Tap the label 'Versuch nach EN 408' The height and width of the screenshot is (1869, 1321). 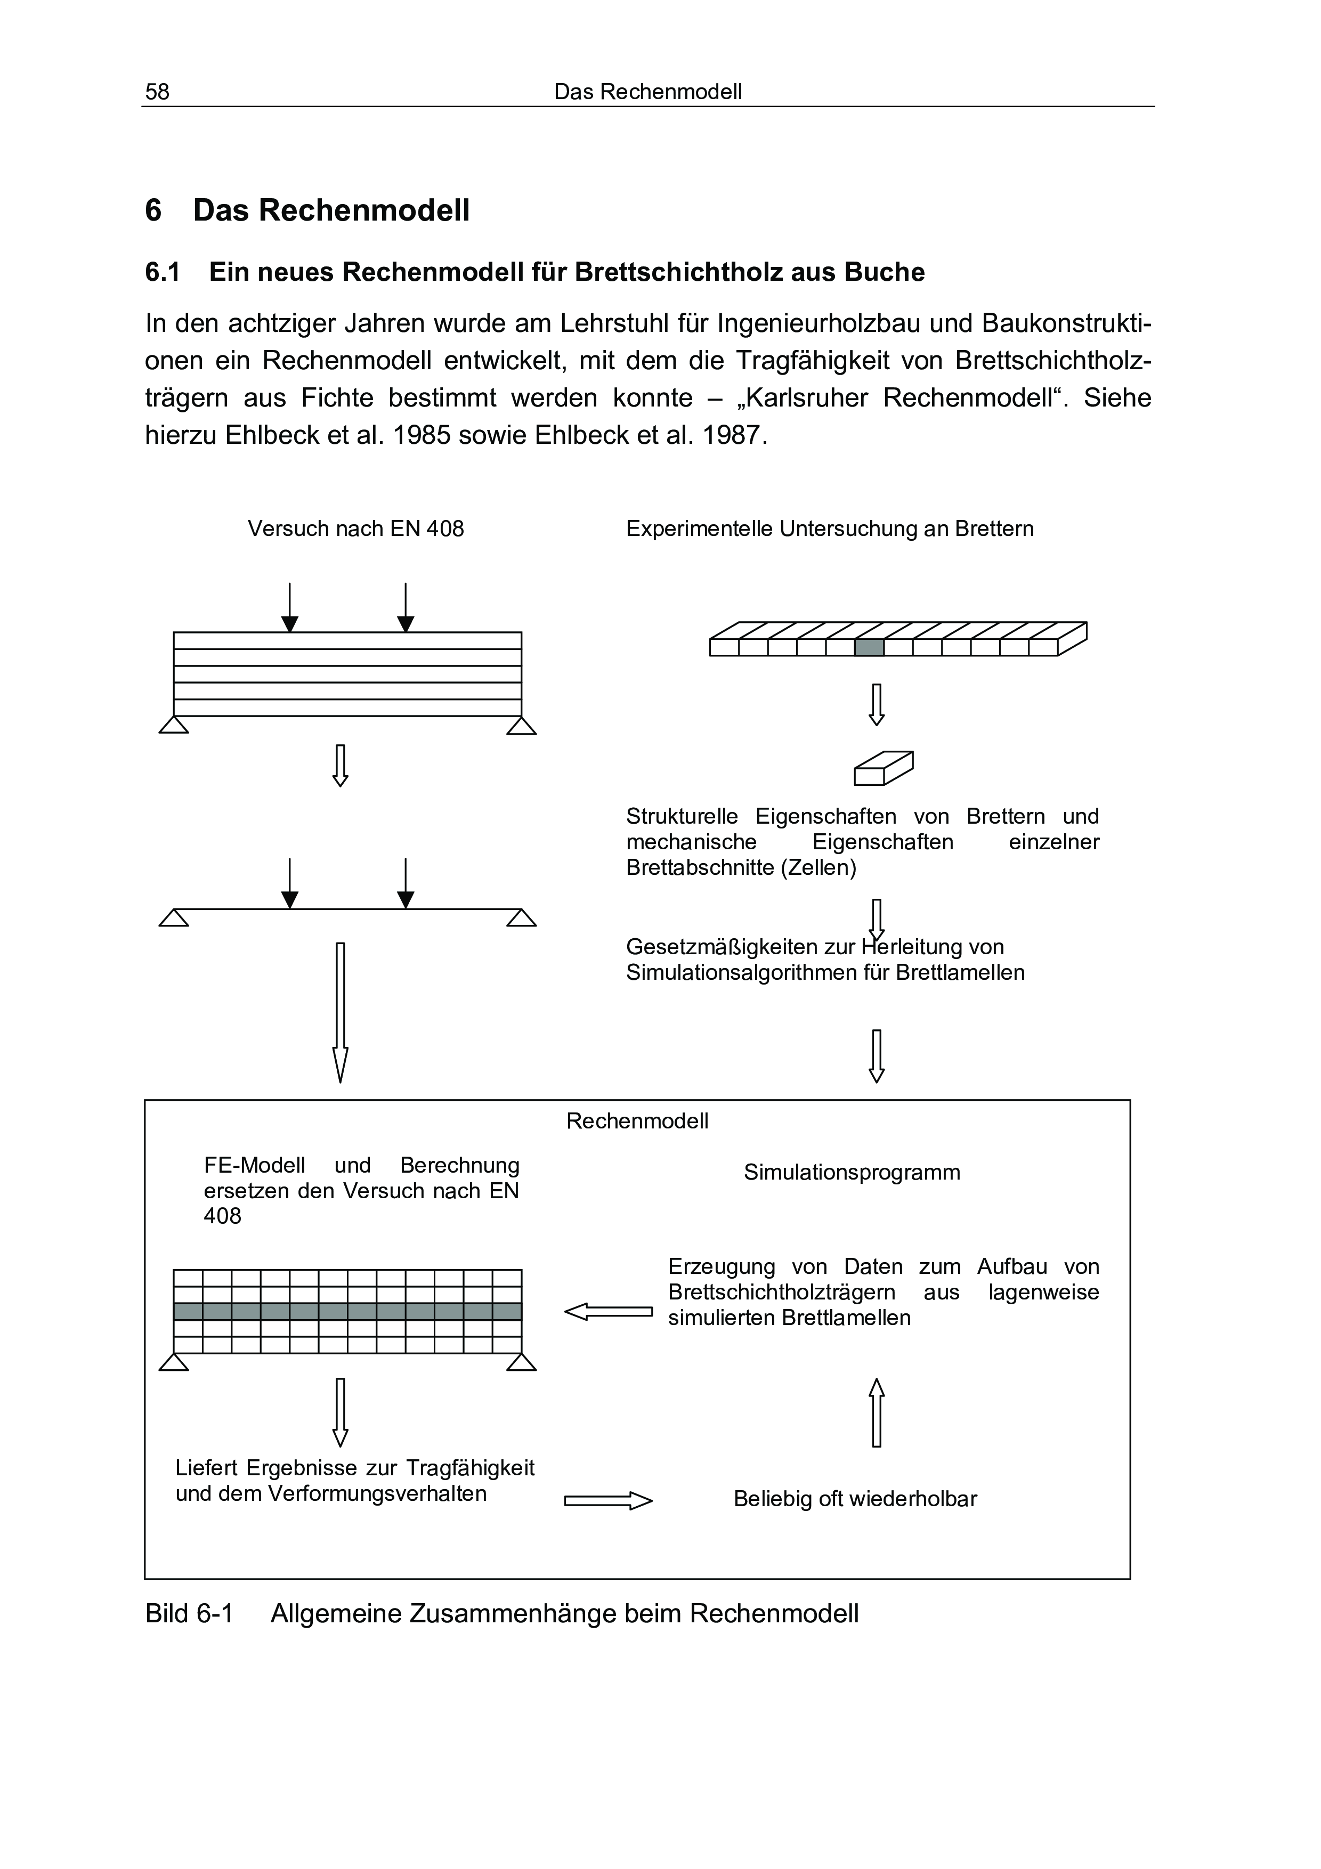click(x=355, y=529)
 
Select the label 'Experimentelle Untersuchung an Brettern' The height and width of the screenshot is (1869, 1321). click(x=829, y=529)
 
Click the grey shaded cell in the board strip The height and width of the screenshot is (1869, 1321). click(x=869, y=647)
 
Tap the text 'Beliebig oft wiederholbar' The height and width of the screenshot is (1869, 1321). click(x=855, y=1499)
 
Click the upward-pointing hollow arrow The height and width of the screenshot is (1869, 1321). click(x=877, y=1412)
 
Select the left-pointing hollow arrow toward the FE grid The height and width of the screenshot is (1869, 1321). click(x=608, y=1312)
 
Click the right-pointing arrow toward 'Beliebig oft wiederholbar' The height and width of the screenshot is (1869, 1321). click(x=608, y=1500)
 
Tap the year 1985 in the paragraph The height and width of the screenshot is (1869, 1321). click(x=422, y=435)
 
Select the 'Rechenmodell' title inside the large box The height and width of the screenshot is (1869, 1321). click(x=637, y=1122)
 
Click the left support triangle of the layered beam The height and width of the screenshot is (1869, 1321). click(x=173, y=725)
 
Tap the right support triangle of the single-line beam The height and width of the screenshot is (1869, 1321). click(x=521, y=918)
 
